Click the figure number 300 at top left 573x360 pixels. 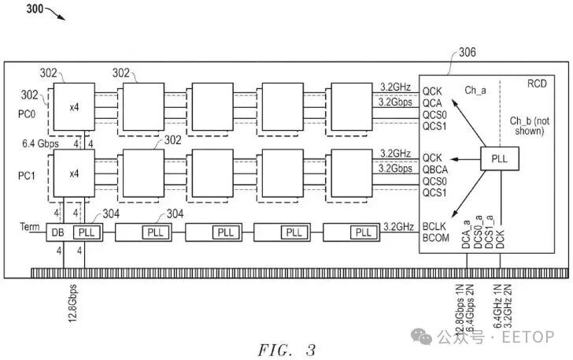[x=16, y=9]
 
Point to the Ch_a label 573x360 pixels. [x=475, y=91]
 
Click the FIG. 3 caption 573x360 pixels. [x=286, y=348]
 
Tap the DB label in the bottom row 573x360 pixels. [x=57, y=233]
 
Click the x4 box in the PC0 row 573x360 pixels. [x=74, y=106]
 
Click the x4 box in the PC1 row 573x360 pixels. [x=74, y=174]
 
